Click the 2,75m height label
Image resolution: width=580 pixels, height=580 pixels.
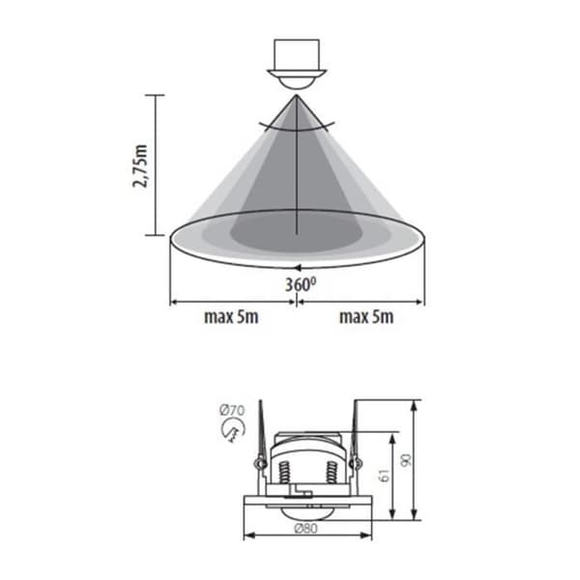click(140, 166)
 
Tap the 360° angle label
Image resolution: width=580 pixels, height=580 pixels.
click(301, 284)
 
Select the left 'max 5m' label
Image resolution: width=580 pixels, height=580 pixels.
click(231, 317)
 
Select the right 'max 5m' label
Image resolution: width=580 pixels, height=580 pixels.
click(366, 317)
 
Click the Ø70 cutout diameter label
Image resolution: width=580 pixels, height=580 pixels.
click(232, 410)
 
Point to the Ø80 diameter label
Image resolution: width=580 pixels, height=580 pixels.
click(305, 529)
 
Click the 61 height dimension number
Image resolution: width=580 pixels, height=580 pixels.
click(385, 475)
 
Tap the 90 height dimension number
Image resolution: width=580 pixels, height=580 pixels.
click(406, 460)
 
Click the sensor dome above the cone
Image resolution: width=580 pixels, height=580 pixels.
click(297, 82)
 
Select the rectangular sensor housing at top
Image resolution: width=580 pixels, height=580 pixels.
click(297, 54)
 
